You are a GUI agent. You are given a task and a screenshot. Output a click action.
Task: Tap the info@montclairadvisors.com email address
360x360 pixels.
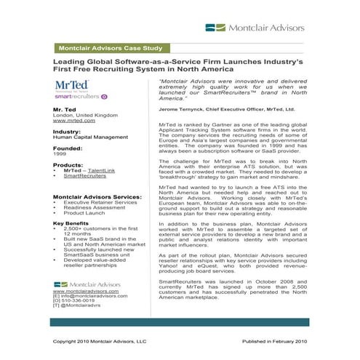pos(89,295)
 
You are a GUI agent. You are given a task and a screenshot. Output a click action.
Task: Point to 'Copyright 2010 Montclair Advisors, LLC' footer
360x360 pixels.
pos(100,340)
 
